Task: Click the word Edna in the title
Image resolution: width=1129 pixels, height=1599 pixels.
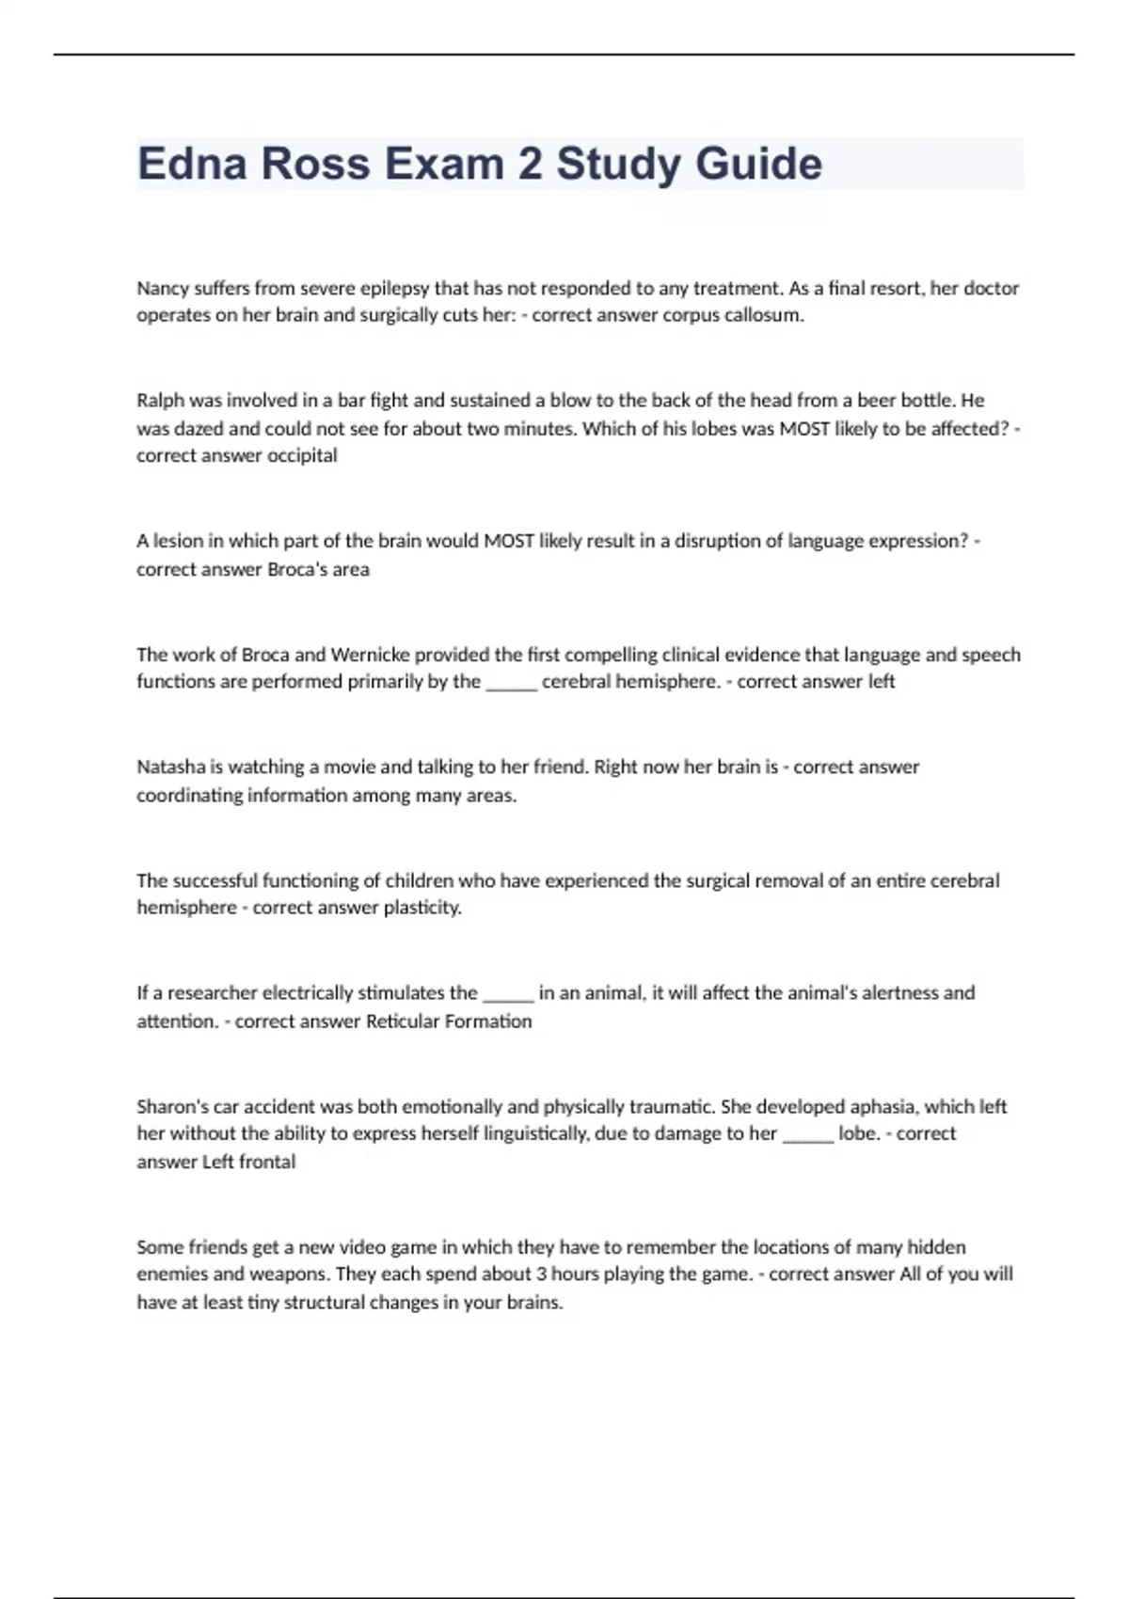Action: [192, 164]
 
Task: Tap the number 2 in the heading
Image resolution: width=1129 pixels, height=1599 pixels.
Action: [531, 164]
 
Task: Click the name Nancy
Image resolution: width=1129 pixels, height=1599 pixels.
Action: [163, 288]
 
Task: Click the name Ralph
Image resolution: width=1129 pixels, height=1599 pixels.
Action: [160, 401]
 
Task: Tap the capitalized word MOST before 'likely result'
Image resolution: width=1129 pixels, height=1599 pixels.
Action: [509, 541]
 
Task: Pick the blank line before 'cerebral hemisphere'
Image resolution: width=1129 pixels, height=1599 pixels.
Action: [511, 682]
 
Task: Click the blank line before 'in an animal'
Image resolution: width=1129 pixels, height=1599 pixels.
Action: [508, 993]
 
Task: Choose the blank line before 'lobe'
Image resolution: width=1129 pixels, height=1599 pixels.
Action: [808, 1134]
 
